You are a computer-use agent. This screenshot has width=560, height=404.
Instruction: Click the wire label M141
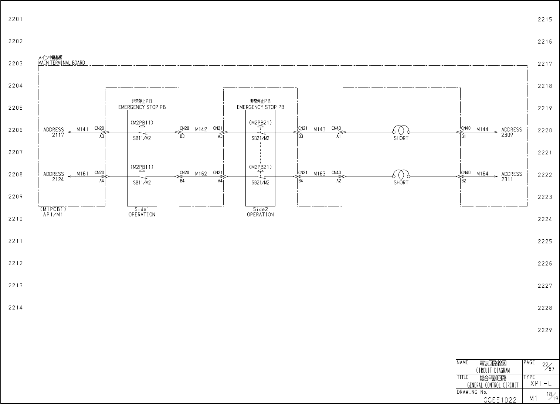coord(82,129)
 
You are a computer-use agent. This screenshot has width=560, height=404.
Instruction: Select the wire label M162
coord(201,174)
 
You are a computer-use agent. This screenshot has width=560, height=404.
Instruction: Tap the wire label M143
coord(320,129)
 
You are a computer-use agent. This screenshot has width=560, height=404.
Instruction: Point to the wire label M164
coord(482,174)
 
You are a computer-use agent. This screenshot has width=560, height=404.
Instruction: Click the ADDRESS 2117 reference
coord(54,132)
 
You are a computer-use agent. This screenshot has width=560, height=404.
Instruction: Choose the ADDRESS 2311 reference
coord(512,177)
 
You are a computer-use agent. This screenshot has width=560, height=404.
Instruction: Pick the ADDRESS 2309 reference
coord(512,132)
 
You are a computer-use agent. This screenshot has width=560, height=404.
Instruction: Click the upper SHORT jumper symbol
coord(401,130)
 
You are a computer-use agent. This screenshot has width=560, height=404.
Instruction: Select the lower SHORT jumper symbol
coord(401,174)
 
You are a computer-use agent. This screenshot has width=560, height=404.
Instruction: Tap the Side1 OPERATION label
coord(142,212)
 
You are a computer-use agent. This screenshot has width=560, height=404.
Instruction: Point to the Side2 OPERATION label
coord(260,212)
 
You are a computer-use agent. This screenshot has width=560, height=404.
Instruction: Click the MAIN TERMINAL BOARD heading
coord(61,63)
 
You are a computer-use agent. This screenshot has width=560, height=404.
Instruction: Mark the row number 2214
coord(16,308)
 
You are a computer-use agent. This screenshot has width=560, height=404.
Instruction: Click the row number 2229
coord(545,330)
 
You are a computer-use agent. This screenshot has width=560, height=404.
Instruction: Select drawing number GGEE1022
coord(500,400)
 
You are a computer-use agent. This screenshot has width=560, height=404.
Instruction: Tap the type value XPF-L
coord(541,384)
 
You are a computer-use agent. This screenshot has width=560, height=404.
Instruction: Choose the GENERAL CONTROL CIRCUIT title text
coord(493,386)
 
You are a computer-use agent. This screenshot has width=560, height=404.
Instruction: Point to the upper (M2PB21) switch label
coord(260,123)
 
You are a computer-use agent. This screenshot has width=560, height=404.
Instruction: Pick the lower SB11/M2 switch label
coord(142,182)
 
